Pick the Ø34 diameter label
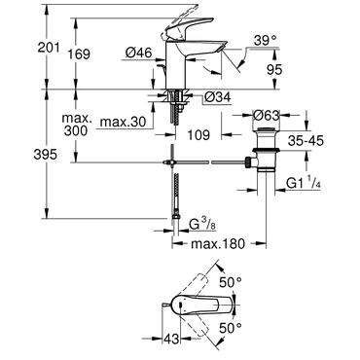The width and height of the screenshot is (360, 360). pyautogui.click(x=217, y=97)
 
